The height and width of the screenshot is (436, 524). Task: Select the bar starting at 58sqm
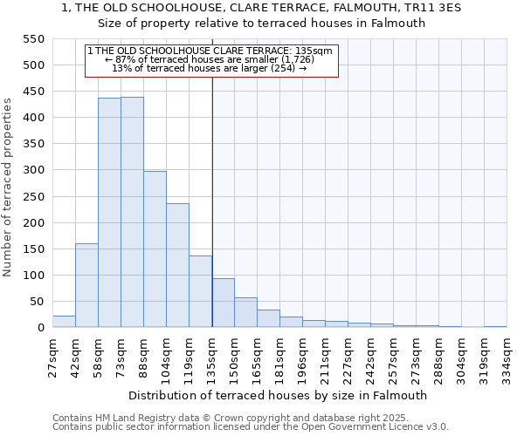click(109, 213)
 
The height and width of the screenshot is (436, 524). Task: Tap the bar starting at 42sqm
click(86, 285)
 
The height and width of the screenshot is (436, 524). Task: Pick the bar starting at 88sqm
click(155, 249)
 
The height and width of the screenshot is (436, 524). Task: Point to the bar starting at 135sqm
click(223, 303)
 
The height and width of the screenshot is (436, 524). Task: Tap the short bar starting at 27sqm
click(64, 321)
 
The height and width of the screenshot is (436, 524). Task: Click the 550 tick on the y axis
click(32, 39)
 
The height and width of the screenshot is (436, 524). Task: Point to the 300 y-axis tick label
click(32, 171)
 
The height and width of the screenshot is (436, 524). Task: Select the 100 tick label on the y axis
click(32, 276)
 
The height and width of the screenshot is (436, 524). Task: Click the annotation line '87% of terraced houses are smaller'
click(210, 60)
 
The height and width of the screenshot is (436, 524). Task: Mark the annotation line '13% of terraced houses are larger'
click(210, 69)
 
